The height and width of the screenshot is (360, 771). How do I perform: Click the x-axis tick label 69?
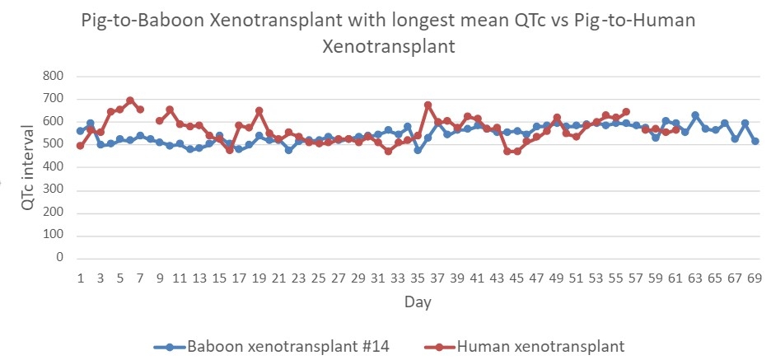[755, 278]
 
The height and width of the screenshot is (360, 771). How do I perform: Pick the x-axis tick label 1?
[80, 278]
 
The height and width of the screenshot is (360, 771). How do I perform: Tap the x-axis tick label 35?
[418, 278]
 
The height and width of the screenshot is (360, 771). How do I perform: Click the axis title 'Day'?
[417, 302]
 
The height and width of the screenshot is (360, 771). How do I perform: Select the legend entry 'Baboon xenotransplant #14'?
[288, 345]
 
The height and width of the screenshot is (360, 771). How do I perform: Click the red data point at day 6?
[130, 101]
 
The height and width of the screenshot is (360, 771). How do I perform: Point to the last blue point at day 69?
[755, 141]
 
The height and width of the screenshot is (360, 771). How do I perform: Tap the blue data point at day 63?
[695, 115]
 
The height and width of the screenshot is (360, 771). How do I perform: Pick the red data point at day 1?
[80, 146]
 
